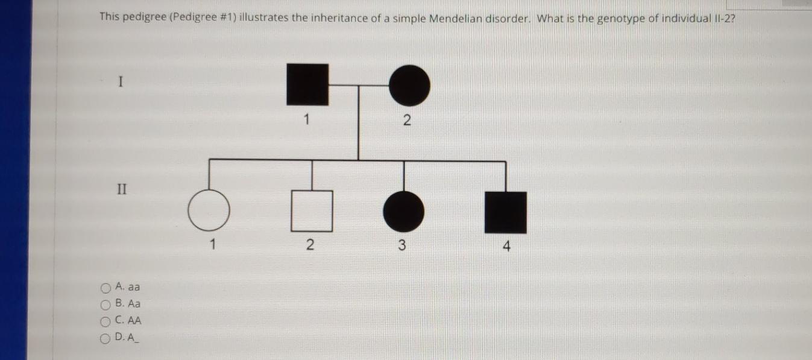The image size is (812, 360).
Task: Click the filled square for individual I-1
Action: [x=308, y=84]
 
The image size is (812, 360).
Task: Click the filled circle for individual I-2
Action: [x=409, y=84]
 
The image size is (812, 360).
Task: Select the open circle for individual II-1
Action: [x=209, y=211]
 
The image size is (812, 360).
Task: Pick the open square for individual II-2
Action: [x=312, y=211]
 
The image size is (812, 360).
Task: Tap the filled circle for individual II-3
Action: [x=403, y=211]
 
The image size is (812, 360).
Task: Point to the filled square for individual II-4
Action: [x=506, y=212]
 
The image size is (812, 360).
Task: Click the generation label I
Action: [x=121, y=81]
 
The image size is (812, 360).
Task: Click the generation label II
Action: [x=122, y=189]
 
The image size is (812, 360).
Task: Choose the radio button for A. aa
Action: [x=106, y=288]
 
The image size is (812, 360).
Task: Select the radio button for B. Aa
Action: [x=106, y=305]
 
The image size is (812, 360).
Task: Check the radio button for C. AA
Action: [x=106, y=321]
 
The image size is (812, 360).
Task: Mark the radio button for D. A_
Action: [x=106, y=338]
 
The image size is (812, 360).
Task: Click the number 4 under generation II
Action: [x=506, y=246]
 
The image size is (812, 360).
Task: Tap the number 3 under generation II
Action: [x=402, y=245]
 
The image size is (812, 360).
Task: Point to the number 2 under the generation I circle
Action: [x=406, y=121]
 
